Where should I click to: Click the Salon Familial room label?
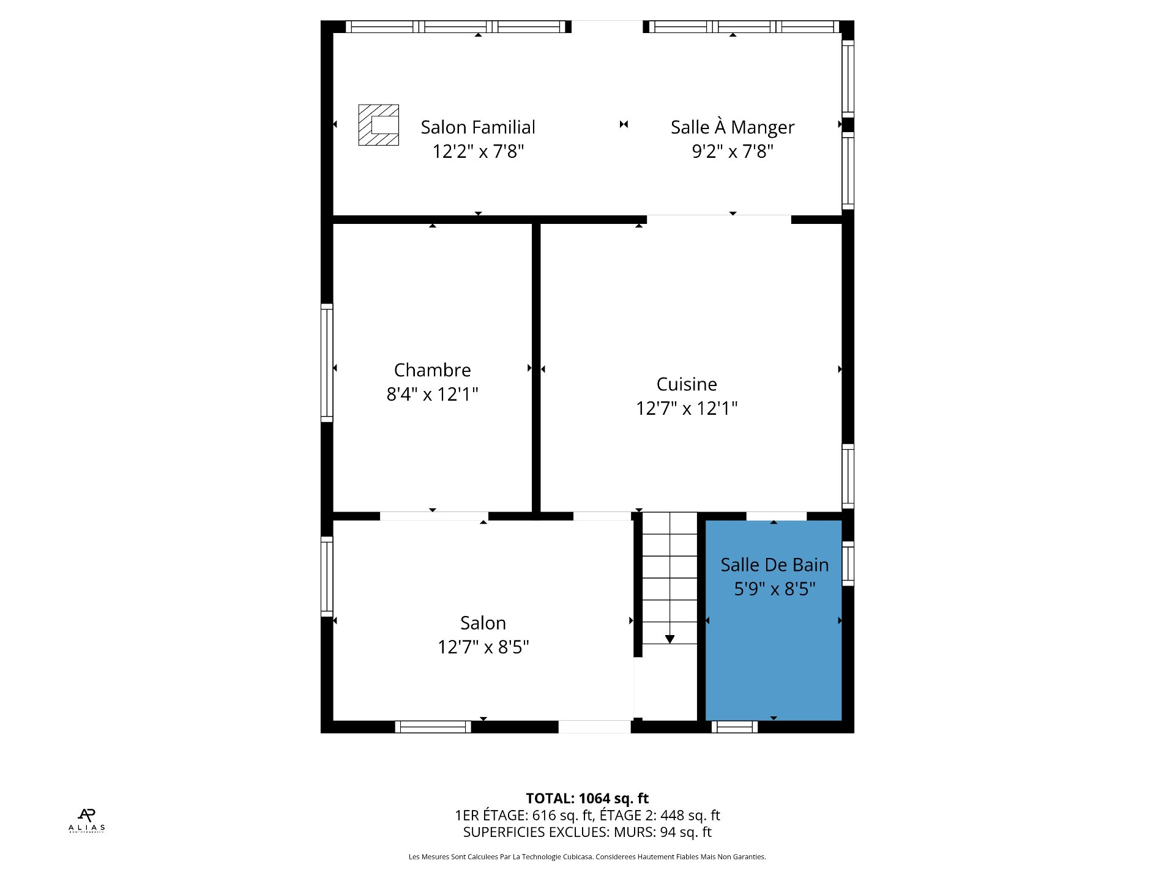click(478, 127)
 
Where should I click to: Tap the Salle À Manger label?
click(733, 127)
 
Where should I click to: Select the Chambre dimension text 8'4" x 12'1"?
click(432, 394)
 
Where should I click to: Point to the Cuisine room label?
click(687, 384)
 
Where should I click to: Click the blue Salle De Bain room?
click(774, 649)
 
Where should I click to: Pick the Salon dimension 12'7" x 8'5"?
click(483, 647)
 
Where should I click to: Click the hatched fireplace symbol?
click(379, 125)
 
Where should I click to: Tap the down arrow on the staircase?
click(670, 639)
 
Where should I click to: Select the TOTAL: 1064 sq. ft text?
click(587, 798)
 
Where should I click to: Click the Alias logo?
click(87, 820)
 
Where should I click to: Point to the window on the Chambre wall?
click(327, 363)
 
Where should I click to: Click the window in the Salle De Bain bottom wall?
click(734, 727)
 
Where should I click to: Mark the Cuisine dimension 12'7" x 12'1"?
click(687, 408)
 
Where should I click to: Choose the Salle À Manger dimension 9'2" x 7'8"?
click(733, 151)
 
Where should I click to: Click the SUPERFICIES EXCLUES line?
click(587, 832)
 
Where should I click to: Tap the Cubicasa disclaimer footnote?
click(587, 857)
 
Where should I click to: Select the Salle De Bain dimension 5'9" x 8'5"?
click(775, 589)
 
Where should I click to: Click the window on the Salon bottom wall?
click(433, 727)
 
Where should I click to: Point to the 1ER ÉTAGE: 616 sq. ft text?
click(524, 816)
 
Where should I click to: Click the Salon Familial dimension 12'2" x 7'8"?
click(478, 151)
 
